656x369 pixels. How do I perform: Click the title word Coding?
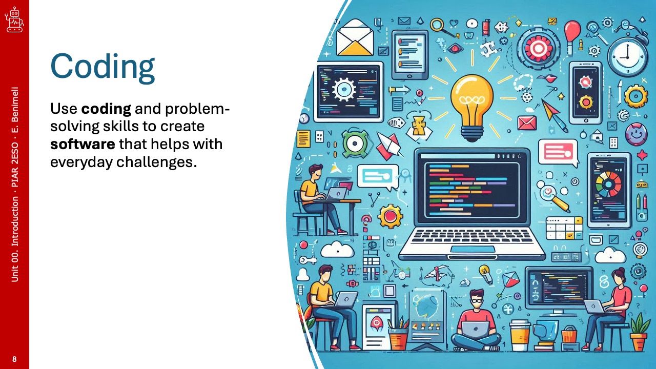point(102,68)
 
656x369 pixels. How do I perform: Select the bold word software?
point(83,144)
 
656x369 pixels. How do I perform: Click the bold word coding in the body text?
point(106,109)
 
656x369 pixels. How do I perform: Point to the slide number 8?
point(14,359)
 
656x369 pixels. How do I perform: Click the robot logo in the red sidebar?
point(14,20)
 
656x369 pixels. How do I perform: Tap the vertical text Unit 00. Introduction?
point(15,239)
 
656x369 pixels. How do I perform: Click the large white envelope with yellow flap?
point(355,38)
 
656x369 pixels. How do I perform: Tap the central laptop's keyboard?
point(472,237)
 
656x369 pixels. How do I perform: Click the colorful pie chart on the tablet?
point(608,184)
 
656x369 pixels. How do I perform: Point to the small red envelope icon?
point(527,123)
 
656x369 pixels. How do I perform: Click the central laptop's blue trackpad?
point(473,249)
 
